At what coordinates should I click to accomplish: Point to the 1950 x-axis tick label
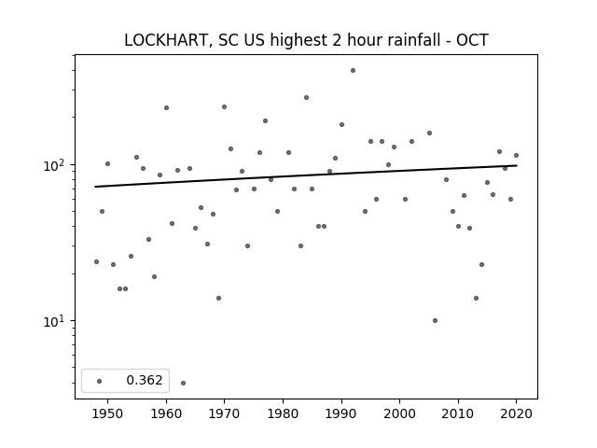coord(108,413)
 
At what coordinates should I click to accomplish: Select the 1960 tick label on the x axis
coord(166,413)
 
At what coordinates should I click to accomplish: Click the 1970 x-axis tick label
coord(225,413)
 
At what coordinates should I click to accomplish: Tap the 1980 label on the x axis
coord(283,413)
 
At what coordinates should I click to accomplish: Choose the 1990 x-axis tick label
coord(341,413)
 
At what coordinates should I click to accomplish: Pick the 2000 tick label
coord(400,413)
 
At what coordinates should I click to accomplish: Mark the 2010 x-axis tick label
coord(458,413)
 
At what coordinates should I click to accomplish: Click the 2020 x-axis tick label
coord(516,413)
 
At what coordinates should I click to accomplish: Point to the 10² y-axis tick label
coord(56,165)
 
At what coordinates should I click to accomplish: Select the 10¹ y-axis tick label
coord(56,321)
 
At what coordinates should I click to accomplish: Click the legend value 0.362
coord(145,380)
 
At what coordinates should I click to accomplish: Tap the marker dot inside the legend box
coord(100,381)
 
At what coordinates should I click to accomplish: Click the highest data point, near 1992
coord(353,71)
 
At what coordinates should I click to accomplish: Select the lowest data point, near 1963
coord(183,383)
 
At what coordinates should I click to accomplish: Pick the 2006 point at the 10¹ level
coord(435,321)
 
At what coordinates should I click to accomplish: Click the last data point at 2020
coord(516,156)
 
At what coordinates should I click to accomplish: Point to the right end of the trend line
coord(517,165)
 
